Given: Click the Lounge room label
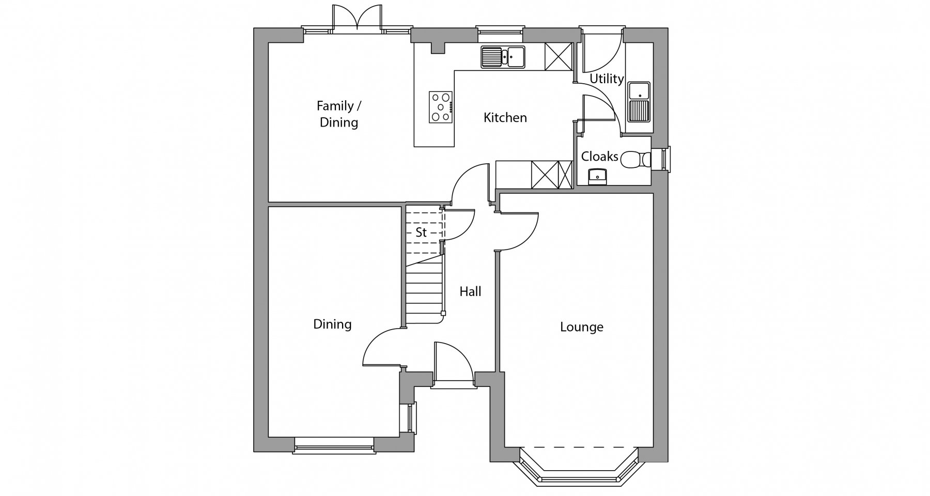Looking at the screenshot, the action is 582,327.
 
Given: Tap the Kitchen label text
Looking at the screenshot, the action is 505,118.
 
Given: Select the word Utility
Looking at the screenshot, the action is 607,79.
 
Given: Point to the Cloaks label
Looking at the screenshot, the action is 599,157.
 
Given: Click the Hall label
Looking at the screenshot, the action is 470,291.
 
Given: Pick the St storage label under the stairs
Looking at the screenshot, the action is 421,233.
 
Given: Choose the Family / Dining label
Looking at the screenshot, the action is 339,114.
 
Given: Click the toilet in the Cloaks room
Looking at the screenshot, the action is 636,160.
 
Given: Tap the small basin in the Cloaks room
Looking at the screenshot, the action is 598,177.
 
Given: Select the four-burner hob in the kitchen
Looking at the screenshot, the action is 441,107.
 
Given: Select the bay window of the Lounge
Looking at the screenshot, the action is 579,466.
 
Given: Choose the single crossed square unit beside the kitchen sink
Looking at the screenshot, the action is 558,56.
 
